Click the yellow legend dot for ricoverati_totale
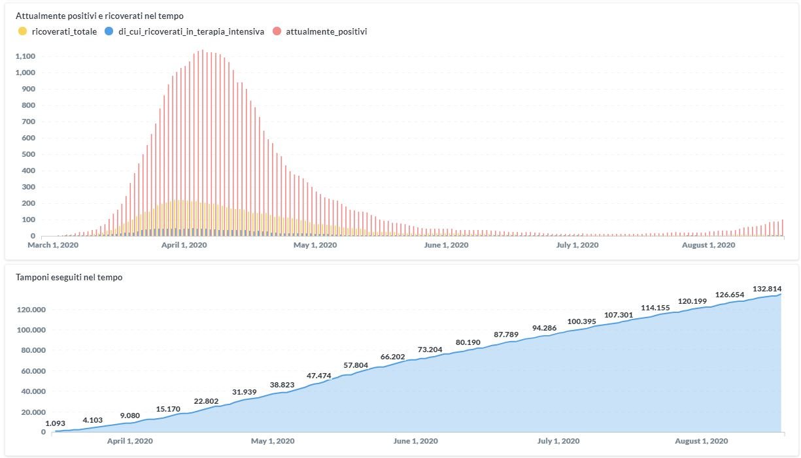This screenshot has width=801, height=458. [x=23, y=31]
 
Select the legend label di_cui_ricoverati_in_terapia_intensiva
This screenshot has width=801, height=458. [x=191, y=31]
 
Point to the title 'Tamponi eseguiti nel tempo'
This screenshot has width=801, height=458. [x=69, y=277]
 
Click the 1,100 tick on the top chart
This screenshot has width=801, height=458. [x=24, y=56]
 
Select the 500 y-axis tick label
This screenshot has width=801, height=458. [x=28, y=154]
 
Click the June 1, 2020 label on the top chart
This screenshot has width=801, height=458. [x=447, y=245]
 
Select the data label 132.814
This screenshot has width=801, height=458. [x=767, y=288]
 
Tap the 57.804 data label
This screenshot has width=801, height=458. [x=356, y=365]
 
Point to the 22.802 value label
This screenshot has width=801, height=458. [x=207, y=401]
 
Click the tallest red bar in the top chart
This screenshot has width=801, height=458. [x=202, y=144]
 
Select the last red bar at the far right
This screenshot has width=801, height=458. [x=782, y=228]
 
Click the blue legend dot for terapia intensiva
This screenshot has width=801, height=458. [x=109, y=31]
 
